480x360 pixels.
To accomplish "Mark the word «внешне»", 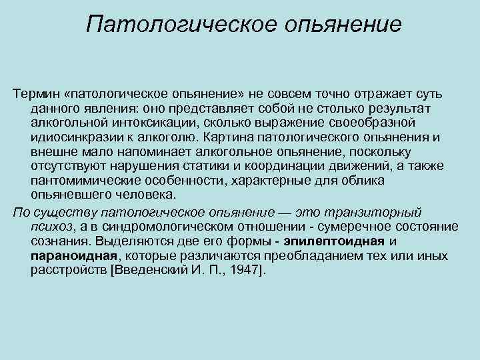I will [50, 152].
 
